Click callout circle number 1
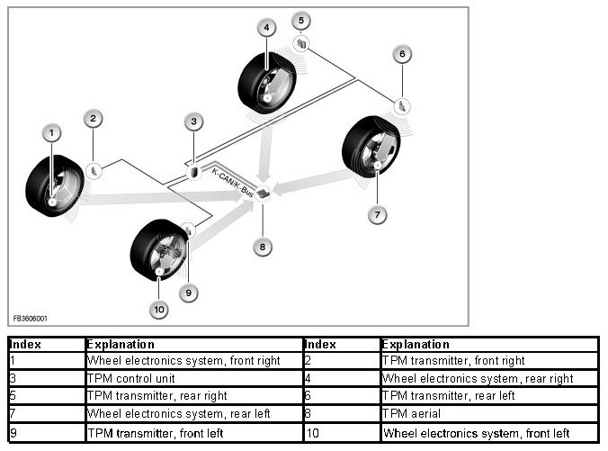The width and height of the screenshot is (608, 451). point(52,133)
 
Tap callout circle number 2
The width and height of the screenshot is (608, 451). point(94,118)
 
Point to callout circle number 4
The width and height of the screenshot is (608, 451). point(266,28)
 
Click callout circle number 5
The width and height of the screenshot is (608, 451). point(301,20)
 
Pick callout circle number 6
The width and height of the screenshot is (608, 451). point(402,54)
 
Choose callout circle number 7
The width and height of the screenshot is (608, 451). point(378,214)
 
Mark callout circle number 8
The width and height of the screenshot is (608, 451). point(262,246)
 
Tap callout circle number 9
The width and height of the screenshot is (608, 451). point(188,292)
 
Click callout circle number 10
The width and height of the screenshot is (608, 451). point(158,311)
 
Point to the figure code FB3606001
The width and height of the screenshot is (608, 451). point(30,319)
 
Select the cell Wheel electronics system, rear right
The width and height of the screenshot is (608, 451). point(477,379)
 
